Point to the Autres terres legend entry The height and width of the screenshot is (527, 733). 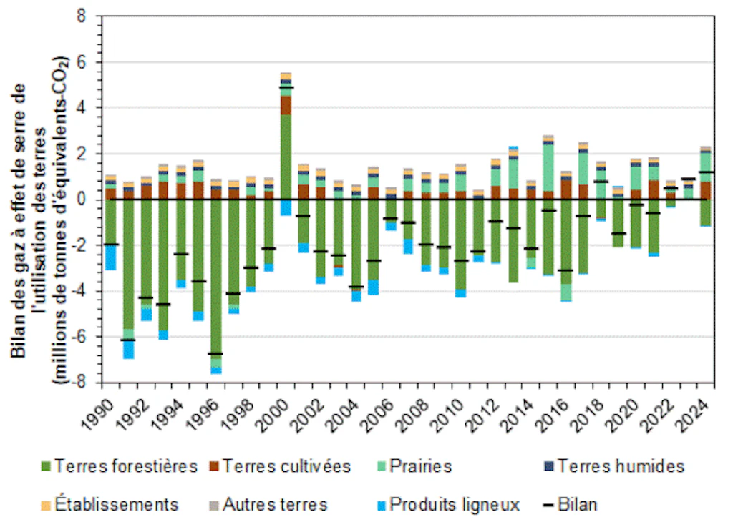pos(268,504)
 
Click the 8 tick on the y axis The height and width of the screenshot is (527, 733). pos(90,16)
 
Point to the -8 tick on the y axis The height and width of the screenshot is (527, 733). pos(88,383)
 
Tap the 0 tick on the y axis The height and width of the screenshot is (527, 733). pos(90,200)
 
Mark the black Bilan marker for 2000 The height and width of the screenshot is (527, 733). pos(286,87)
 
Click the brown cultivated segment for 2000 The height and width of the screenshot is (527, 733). pos(286,104)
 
